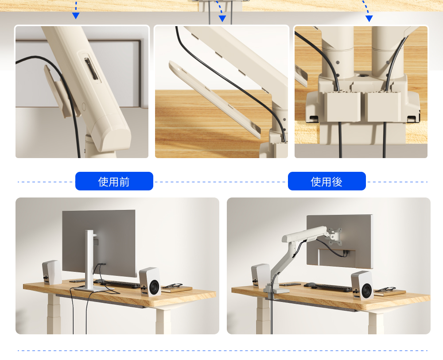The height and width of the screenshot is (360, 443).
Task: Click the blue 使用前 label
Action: [x=114, y=181]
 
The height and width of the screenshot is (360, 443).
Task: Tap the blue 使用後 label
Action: [x=326, y=181]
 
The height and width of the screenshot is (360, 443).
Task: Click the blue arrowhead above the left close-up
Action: [x=76, y=15]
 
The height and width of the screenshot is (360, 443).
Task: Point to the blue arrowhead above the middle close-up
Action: [x=222, y=19]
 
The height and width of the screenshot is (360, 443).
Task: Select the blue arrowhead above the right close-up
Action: [x=369, y=19]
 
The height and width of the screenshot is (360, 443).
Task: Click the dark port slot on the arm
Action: [x=91, y=69]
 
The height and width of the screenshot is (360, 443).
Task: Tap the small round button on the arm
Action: [x=84, y=106]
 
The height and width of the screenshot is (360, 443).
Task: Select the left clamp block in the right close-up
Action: [x=342, y=106]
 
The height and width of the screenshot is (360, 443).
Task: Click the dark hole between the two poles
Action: [x=362, y=76]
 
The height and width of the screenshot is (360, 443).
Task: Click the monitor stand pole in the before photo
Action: [x=90, y=258]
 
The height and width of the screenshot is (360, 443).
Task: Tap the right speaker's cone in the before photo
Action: [x=154, y=287]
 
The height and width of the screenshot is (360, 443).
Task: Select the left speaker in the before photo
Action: [x=52, y=272]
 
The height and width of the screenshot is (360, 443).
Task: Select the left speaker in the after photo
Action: [x=260, y=275]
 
